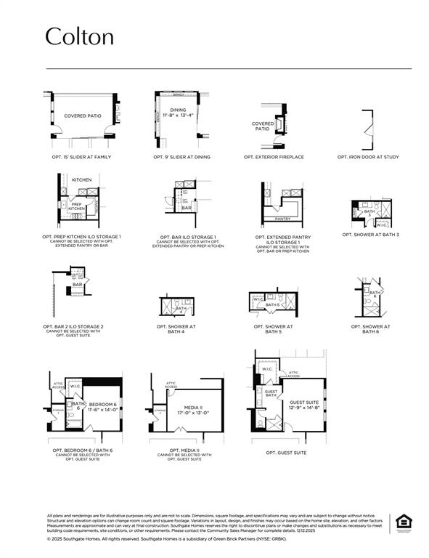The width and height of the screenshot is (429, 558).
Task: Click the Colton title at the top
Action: (x=80, y=36)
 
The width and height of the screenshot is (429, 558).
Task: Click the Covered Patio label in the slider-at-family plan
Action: (x=82, y=116)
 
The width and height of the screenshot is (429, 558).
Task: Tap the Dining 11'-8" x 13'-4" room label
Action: (x=179, y=113)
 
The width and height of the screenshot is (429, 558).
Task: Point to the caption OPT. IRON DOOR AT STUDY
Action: (x=368, y=157)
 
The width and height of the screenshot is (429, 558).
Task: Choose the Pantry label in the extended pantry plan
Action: (x=282, y=218)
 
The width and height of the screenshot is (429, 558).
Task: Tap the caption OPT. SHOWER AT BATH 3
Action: (x=371, y=234)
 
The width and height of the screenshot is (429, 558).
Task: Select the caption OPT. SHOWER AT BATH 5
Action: (x=274, y=329)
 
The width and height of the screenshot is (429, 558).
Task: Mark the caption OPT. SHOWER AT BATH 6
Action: (x=371, y=329)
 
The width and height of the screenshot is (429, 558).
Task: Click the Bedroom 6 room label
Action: (x=102, y=406)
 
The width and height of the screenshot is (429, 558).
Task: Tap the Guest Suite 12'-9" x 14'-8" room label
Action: (x=304, y=405)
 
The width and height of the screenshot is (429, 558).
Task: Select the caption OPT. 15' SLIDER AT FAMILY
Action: (x=81, y=157)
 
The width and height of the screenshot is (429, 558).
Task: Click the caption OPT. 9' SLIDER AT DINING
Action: (x=181, y=157)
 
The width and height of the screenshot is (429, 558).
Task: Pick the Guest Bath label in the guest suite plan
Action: (x=271, y=393)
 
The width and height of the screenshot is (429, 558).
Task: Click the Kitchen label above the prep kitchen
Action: (x=82, y=179)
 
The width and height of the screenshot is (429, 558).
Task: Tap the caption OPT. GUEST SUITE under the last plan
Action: (x=286, y=453)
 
